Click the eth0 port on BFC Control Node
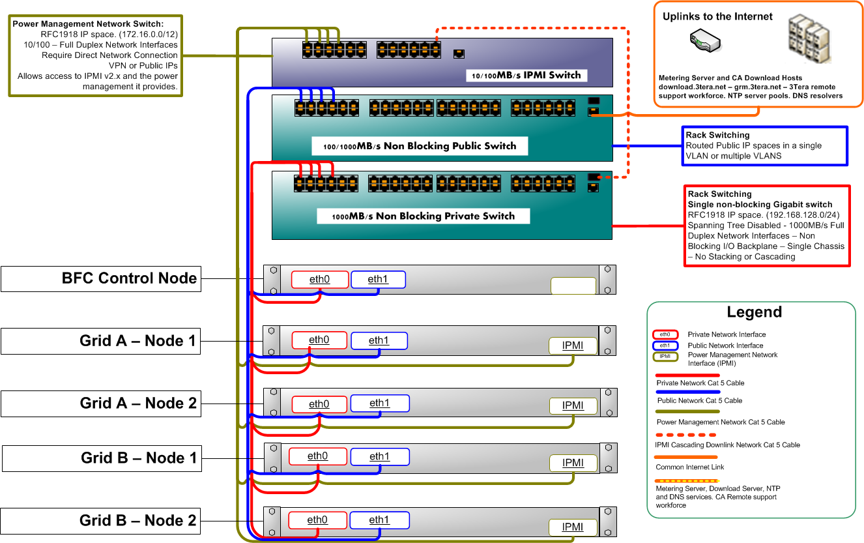tap(320, 280)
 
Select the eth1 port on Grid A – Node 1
tap(379, 340)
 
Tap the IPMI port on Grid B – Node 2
tap(573, 527)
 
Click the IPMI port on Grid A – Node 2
tap(573, 405)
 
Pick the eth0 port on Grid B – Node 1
tap(317, 456)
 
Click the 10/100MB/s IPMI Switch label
tap(526, 76)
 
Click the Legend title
tap(754, 312)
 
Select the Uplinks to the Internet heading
tap(717, 16)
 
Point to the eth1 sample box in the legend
tap(665, 345)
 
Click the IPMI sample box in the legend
tap(665, 356)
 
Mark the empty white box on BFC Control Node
tap(573, 286)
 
